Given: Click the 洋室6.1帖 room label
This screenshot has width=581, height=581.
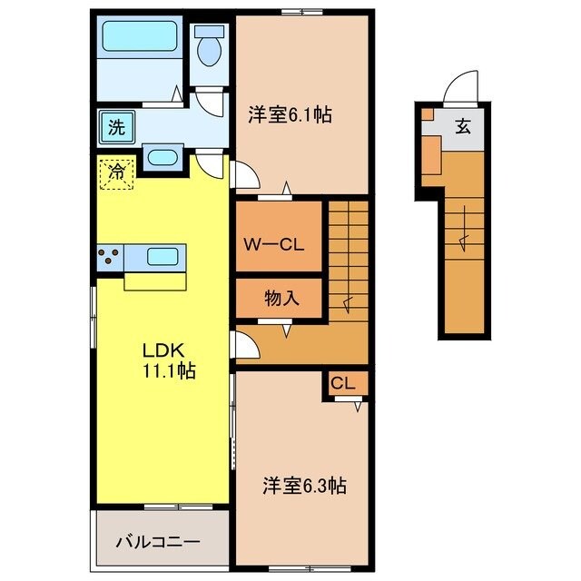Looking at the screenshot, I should pos(290,115).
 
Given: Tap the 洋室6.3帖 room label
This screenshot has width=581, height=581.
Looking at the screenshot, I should pos(304,486).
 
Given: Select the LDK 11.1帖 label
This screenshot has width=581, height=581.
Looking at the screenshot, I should pos(167,359).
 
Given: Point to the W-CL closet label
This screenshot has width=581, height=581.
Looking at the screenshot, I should pos(279,244).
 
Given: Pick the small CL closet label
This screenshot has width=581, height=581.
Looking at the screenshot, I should pos(342,382).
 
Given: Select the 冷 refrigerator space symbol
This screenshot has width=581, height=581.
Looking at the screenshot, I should pos(116,171).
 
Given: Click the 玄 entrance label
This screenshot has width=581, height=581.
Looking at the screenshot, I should pos(463,126).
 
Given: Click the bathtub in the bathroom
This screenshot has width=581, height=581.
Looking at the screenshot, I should pos(140,38).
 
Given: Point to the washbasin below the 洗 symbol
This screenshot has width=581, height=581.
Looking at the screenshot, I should pos(162,157).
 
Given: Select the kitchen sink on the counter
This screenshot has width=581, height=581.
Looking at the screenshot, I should pos(163,257).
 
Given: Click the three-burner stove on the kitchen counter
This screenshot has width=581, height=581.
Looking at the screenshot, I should pos(109,257).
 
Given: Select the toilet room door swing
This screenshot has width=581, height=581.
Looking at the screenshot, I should pos(212,103).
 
